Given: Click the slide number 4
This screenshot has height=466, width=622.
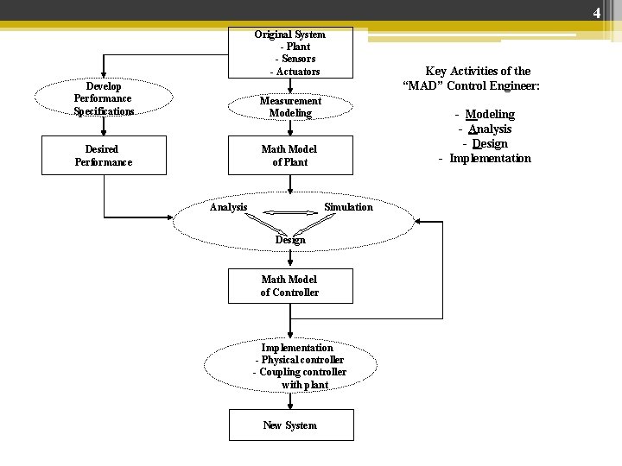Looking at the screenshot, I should tap(596, 13).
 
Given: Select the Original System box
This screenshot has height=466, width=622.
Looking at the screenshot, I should tap(289, 53).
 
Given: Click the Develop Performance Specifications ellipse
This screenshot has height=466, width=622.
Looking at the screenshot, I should tap(104, 99).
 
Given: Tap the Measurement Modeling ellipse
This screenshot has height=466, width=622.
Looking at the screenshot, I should tap(290, 107).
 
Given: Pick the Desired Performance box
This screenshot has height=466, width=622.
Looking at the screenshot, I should tap(104, 155).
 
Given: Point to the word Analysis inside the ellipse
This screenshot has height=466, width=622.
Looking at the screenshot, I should tap(229, 207).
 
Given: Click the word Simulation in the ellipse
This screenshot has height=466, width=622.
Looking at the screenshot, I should tap(348, 207).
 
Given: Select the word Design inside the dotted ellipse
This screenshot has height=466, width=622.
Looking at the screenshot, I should tap(290, 240).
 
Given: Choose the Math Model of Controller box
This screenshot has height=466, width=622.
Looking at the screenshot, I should tap(289, 286).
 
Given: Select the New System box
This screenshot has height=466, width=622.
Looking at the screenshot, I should tap(289, 425).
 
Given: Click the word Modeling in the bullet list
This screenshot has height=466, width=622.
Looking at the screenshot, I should tap(490, 114).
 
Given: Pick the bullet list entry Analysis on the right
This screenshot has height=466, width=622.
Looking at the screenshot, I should tap(490, 129).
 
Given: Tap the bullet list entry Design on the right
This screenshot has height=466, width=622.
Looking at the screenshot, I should tap(490, 143).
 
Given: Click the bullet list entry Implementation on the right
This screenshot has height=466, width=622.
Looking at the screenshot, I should tap(490, 158).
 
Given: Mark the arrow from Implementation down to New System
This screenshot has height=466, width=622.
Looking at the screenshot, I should tap(290, 400).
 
